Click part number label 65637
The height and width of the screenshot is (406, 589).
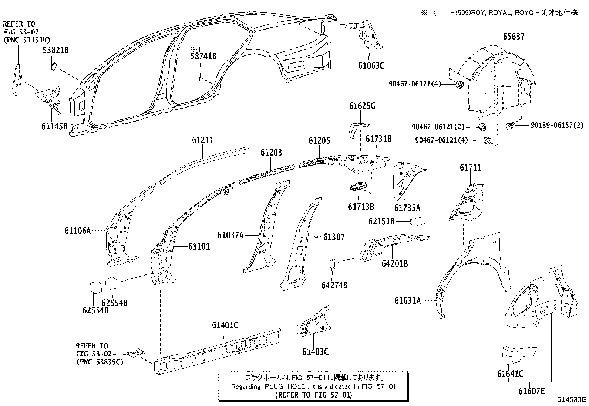coord(514,37)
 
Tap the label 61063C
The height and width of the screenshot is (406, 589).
coord(371,66)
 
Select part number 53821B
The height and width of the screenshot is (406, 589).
coord(55,50)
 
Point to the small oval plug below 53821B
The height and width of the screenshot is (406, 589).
coord(53,66)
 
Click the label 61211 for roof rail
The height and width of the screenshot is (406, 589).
coord(203,141)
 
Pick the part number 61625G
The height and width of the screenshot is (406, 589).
coord(362,106)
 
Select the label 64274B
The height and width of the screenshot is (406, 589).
coord(334,285)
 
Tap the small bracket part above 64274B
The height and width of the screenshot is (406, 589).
coord(332,263)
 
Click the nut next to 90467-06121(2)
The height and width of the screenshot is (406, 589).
coord(482,127)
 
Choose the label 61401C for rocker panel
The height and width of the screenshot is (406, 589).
coord(225,325)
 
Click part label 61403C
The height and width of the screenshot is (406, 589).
coord(315,352)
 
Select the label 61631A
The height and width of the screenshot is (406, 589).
coord(408,301)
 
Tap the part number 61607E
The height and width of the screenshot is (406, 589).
coord(531,391)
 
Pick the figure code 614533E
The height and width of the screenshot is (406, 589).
coord(572,400)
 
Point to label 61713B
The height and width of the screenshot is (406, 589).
coord(361,207)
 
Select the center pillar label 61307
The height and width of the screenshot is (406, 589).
coord(334,237)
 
